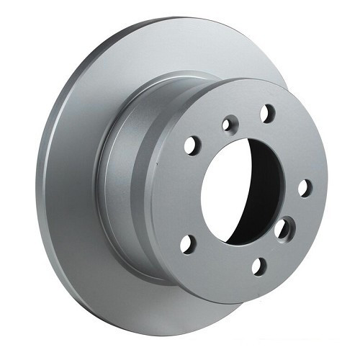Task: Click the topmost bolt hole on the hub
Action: pos(267,112)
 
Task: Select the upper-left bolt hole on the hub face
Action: pos(191,145)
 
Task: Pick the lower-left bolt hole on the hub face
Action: pos(186,243)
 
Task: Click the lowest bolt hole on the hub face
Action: pos(258,267)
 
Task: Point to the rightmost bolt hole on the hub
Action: pos(305,188)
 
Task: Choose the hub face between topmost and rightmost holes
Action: pos(292,144)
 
